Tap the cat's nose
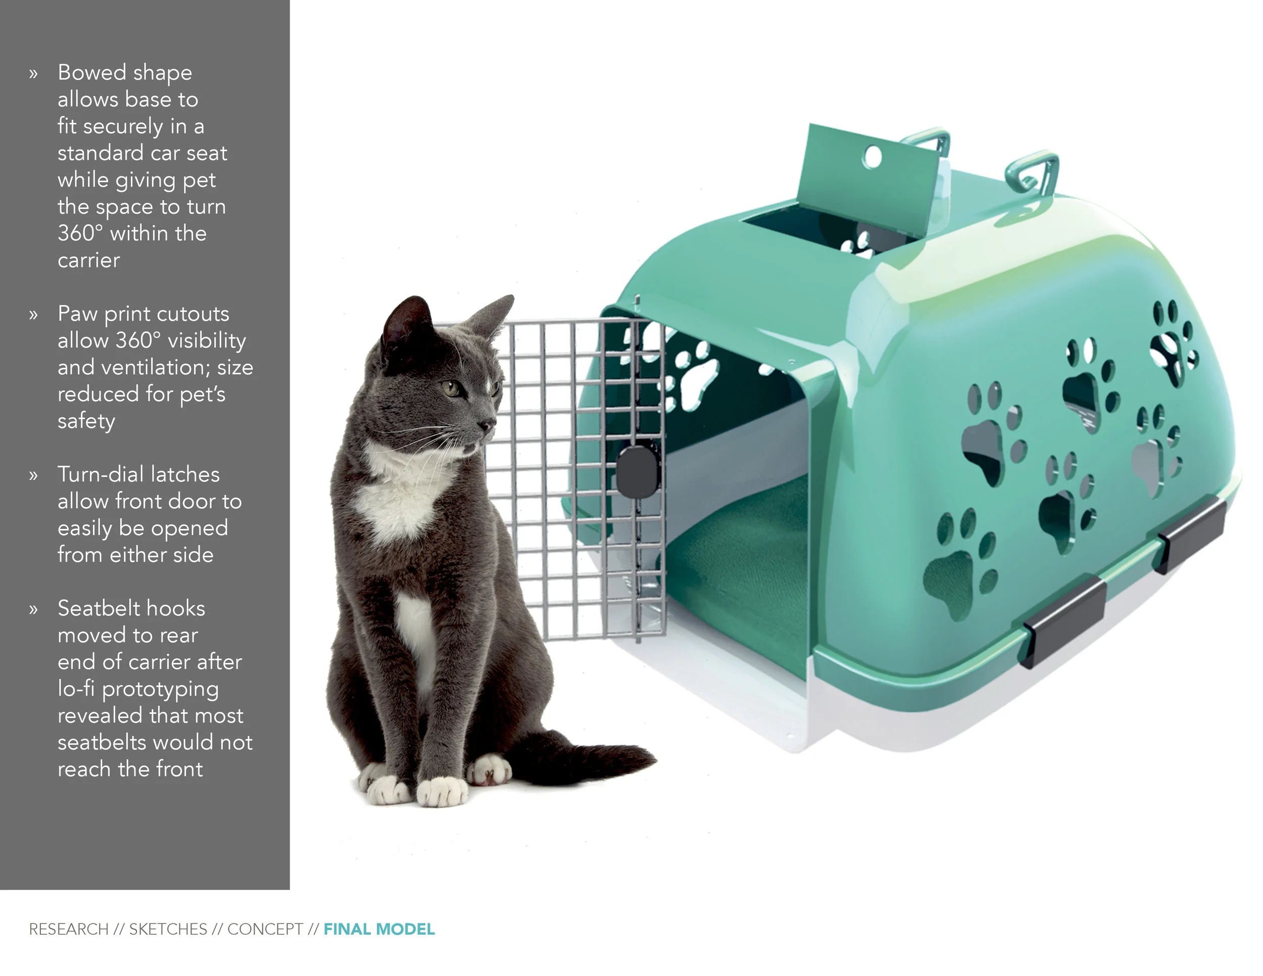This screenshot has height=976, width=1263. click(488, 426)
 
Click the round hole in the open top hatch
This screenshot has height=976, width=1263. click(872, 157)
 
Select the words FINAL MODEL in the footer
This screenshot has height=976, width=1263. click(379, 929)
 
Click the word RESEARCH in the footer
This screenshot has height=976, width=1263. click(69, 929)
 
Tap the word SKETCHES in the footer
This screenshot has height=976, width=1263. click(168, 929)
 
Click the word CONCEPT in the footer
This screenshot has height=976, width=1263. click(265, 929)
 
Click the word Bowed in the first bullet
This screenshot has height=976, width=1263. click(92, 73)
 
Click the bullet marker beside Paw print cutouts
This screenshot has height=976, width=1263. click(33, 315)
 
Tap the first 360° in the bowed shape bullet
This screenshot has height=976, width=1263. click(80, 233)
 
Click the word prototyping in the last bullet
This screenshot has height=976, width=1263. click(160, 689)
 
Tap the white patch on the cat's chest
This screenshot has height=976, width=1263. click(399, 497)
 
